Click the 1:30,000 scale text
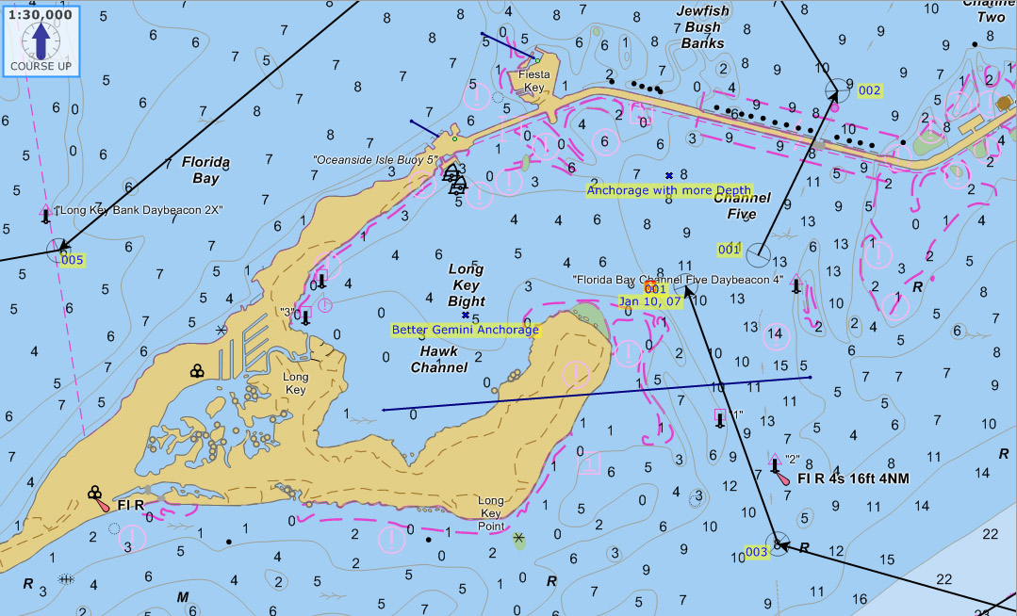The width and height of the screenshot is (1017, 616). (40, 14)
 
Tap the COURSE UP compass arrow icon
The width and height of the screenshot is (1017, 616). (41, 41)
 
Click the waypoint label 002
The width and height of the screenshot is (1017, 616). (870, 90)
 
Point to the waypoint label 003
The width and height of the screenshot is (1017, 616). (757, 552)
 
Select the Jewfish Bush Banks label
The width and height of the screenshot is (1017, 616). (702, 26)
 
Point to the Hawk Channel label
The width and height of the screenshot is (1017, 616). (439, 359)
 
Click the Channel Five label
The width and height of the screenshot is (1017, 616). (742, 206)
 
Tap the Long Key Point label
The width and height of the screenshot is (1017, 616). (491, 513)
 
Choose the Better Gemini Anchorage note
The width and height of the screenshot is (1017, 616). (466, 331)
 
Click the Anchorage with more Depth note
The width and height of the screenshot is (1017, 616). (669, 190)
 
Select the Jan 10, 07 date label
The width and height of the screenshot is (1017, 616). (650, 301)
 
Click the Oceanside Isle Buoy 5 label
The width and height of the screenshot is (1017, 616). (376, 160)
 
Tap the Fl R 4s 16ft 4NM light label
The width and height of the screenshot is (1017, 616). (853, 479)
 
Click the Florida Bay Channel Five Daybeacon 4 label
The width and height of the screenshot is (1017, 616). (678, 280)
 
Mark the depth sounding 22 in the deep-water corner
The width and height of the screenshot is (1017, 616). (989, 534)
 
